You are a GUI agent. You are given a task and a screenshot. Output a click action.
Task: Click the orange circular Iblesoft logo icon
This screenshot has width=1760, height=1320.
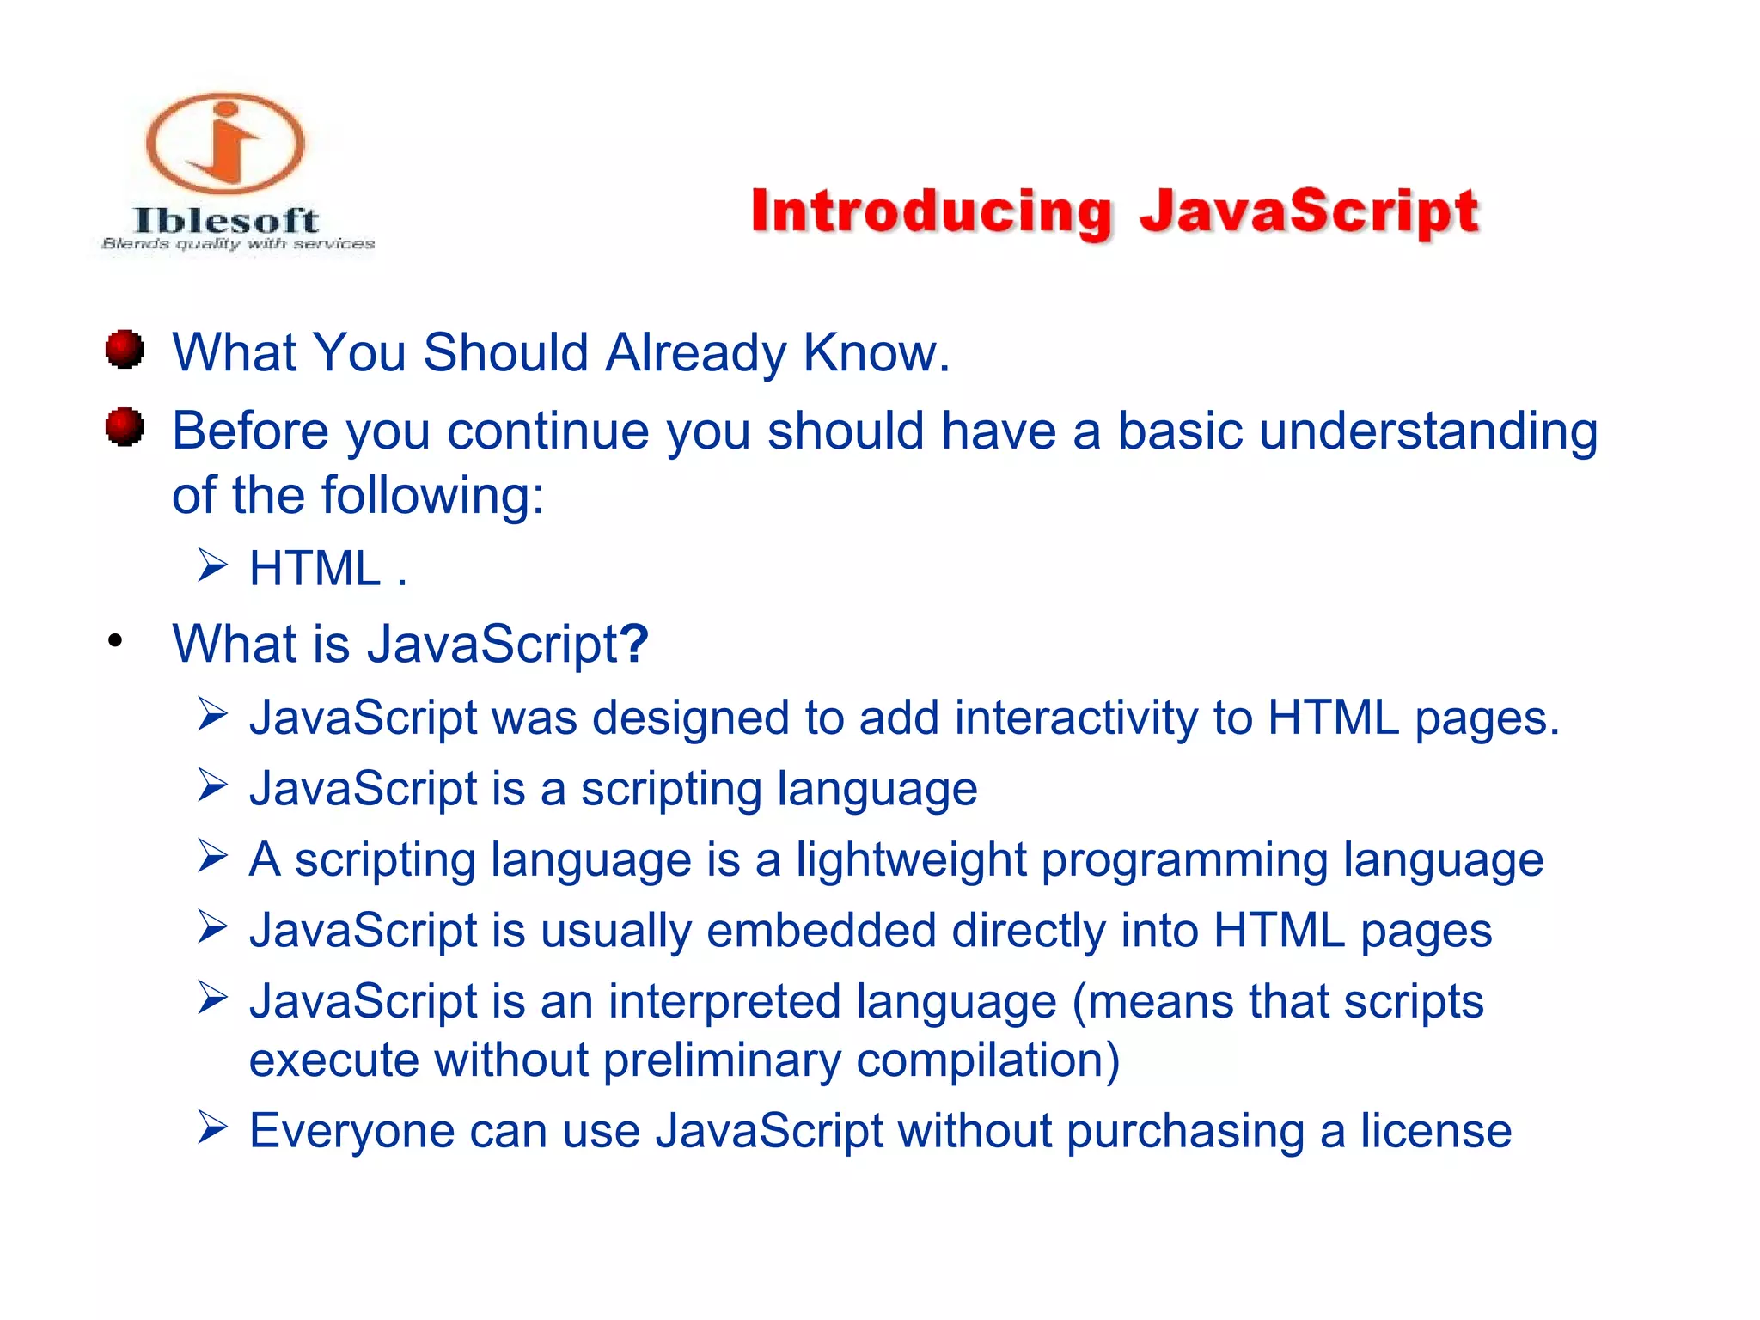(225, 144)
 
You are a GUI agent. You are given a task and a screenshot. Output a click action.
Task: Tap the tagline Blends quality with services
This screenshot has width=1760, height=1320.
(238, 244)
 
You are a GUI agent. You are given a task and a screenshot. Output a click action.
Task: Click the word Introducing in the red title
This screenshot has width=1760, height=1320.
(932, 212)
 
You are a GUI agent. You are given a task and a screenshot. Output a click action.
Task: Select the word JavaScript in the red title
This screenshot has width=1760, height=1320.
(1309, 212)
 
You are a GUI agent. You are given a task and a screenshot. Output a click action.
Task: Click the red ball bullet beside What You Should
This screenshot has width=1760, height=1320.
(125, 349)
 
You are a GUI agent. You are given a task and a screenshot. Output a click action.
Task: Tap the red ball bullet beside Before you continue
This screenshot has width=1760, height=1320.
(125, 427)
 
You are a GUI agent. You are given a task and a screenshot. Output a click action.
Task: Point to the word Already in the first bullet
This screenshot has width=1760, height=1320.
(695, 353)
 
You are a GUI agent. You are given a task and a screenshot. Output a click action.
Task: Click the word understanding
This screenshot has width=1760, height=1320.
(1428, 431)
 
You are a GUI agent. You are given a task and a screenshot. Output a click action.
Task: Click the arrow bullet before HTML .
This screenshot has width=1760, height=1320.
(212, 565)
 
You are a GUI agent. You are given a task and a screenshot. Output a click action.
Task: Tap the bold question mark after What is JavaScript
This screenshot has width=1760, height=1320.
(633, 643)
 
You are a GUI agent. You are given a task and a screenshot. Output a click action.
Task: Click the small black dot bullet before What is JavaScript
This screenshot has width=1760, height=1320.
(115, 640)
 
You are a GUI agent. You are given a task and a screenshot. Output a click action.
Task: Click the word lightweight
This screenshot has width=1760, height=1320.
(910, 859)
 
